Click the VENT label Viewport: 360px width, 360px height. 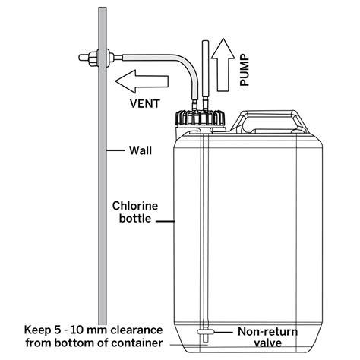(x=145, y=104)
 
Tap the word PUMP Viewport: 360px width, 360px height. (x=245, y=71)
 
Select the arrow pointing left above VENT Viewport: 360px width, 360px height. (x=142, y=81)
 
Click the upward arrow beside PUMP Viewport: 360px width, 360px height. (x=223, y=65)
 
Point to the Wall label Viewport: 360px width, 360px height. (x=141, y=150)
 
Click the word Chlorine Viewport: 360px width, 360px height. (x=135, y=206)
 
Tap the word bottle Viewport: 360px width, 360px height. (x=135, y=219)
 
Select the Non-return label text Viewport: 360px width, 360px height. (x=268, y=332)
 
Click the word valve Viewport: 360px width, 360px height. (x=268, y=343)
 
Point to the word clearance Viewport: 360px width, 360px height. (x=137, y=330)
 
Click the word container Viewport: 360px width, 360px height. (x=137, y=343)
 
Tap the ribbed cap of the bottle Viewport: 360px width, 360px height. (x=201, y=118)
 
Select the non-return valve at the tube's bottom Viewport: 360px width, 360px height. (x=205, y=332)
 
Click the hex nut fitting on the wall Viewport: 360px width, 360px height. (x=93, y=58)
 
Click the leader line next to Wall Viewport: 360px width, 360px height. (x=115, y=150)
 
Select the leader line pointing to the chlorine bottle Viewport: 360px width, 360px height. (x=165, y=221)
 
